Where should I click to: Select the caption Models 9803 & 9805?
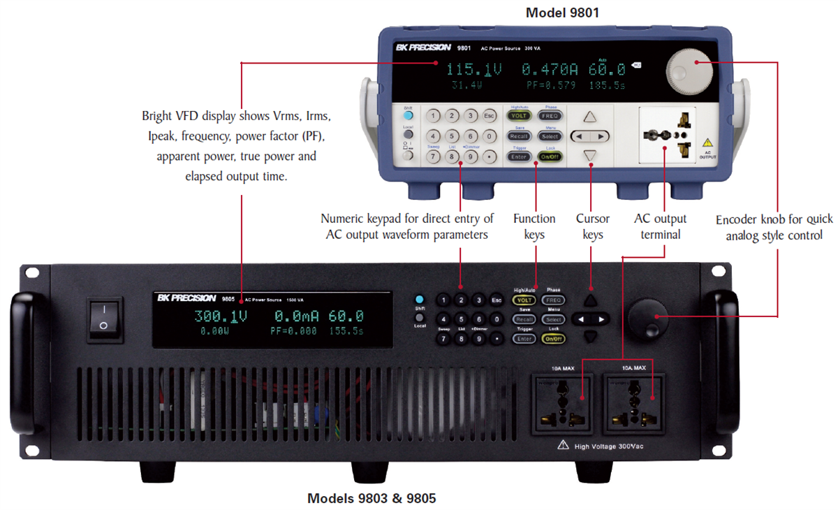pos(372,498)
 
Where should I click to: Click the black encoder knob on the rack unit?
pos(649,319)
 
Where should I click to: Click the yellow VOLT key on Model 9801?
pos(519,116)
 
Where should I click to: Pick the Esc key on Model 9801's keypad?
pos(490,116)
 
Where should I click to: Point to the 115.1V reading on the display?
pos(474,69)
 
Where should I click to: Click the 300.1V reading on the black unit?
pos(221,316)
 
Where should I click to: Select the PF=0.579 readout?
pos(552,85)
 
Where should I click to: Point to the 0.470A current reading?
pos(550,69)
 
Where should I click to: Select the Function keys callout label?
pos(534,227)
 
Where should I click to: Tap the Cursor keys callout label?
pos(592,227)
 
